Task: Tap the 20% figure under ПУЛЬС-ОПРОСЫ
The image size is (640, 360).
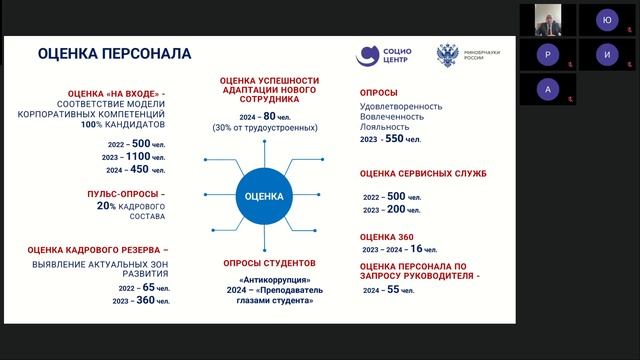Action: pyautogui.click(x=106, y=205)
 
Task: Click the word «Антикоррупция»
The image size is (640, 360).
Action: pyautogui.click(x=268, y=281)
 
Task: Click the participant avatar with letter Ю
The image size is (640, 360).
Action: pyautogui.click(x=606, y=19)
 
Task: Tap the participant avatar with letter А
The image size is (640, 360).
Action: pyautogui.click(x=547, y=88)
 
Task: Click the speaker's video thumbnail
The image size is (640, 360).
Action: pyautogui.click(x=547, y=19)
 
